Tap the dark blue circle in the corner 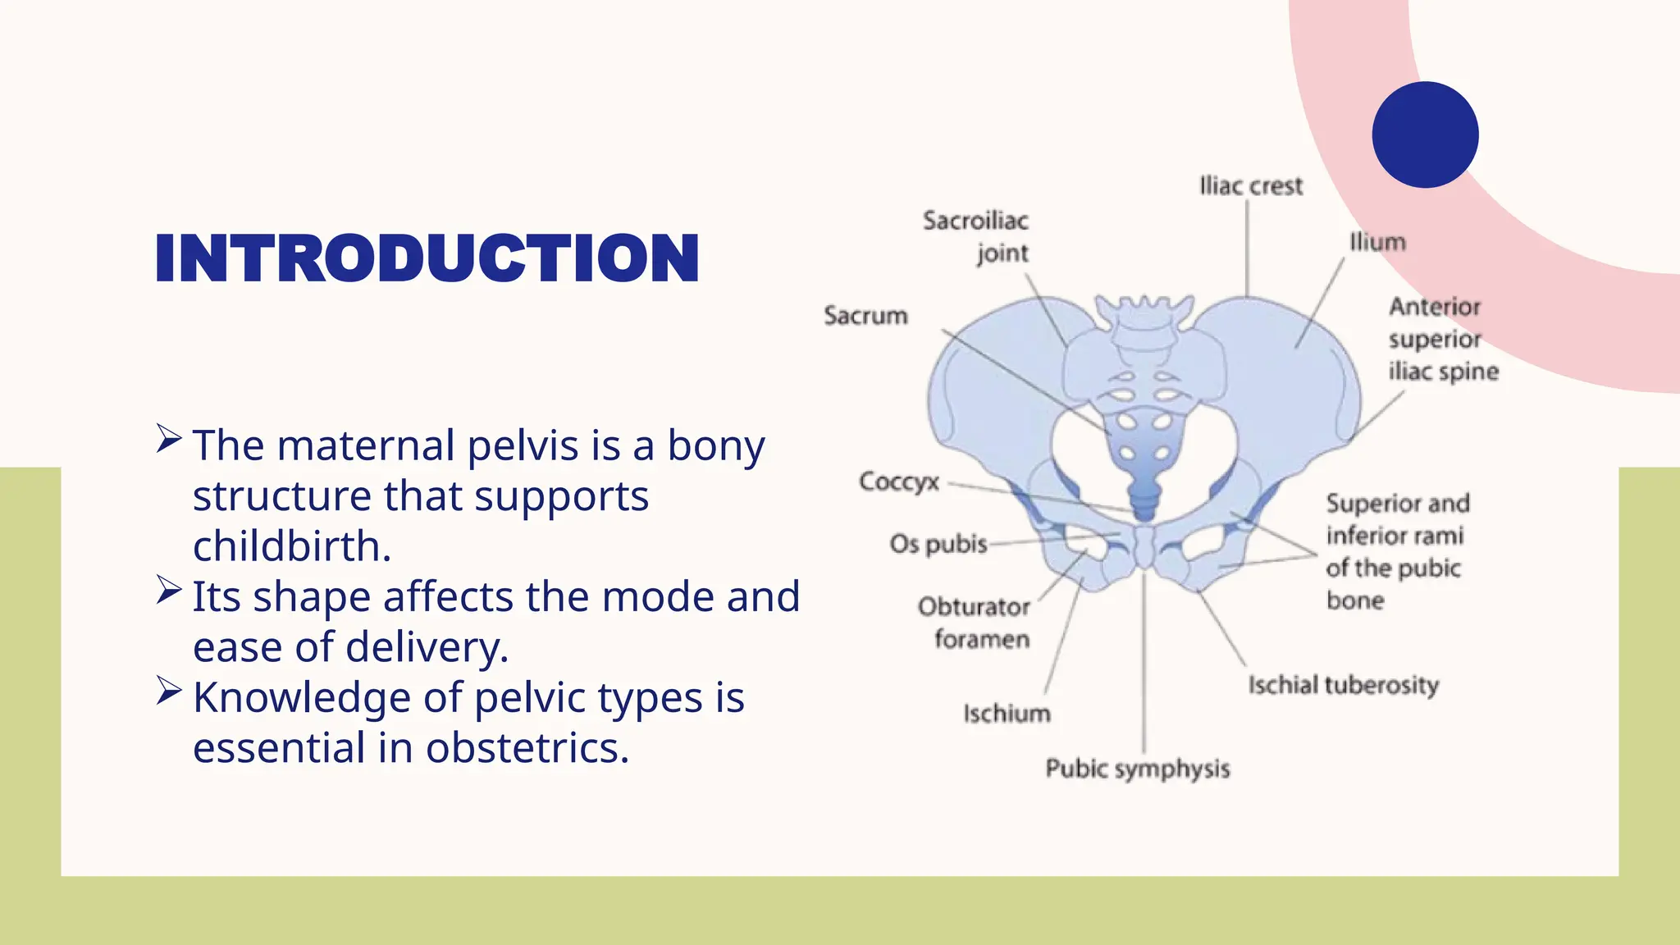pyautogui.click(x=1425, y=135)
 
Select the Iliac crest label pyautogui.click(x=1250, y=186)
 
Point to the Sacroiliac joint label pyautogui.click(x=976, y=236)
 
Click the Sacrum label pyautogui.click(x=865, y=316)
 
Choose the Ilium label pyautogui.click(x=1377, y=242)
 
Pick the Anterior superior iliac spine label pyautogui.click(x=1443, y=339)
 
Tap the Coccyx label pyautogui.click(x=898, y=481)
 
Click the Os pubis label pyautogui.click(x=938, y=544)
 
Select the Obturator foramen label pyautogui.click(x=975, y=623)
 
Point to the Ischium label pyautogui.click(x=1007, y=714)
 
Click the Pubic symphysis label pyautogui.click(x=1137, y=769)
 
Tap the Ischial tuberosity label pyautogui.click(x=1343, y=685)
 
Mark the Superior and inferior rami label pyautogui.click(x=1397, y=551)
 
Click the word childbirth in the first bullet pyautogui.click(x=291, y=546)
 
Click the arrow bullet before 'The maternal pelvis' pyautogui.click(x=168, y=439)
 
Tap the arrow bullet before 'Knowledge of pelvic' pyautogui.click(x=168, y=691)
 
